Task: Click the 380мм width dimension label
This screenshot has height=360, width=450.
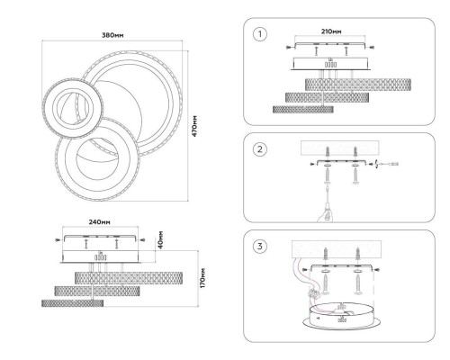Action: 112,35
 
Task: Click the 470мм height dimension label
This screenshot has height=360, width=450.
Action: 194,126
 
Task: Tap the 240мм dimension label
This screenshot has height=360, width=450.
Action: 99,222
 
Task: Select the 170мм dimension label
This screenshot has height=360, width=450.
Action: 202,278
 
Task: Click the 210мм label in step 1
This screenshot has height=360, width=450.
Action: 330,31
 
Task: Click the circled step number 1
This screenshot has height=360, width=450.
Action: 260,34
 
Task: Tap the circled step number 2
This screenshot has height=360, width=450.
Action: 260,149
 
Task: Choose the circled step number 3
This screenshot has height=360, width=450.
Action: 260,247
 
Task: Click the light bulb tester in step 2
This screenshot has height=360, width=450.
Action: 327,210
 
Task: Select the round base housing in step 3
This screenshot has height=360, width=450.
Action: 342,317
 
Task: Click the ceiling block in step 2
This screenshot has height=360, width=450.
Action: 340,148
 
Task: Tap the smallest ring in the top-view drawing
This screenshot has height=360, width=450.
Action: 73,107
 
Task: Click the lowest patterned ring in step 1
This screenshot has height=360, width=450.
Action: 303,109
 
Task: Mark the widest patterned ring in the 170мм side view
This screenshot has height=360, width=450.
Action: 129,278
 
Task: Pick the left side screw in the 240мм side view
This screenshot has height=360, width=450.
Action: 58,239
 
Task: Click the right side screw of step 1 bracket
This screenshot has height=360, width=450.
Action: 372,47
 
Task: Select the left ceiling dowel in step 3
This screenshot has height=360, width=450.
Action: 325,254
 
